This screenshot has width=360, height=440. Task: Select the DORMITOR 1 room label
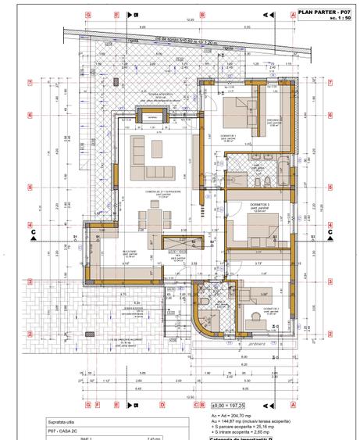pos(228,136)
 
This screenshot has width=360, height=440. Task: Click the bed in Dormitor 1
pos(233,111)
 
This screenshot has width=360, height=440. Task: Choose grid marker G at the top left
pos(89,14)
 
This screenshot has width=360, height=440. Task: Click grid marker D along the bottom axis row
pos(162,405)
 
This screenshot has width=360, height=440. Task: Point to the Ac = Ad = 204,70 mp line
pos(235,417)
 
